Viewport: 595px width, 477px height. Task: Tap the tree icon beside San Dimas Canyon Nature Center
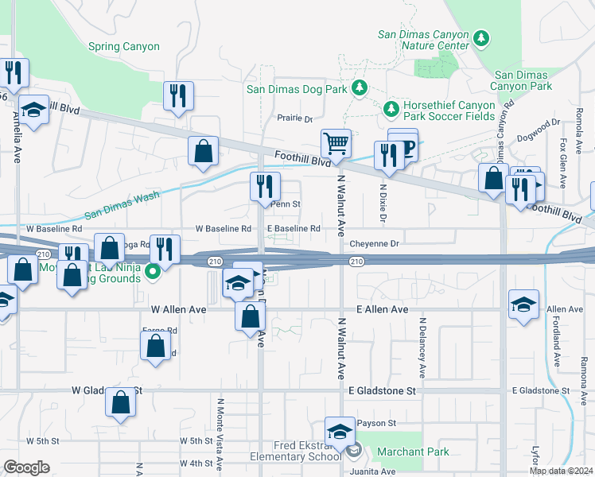(480, 37)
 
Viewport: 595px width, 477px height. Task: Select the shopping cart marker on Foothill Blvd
(336, 144)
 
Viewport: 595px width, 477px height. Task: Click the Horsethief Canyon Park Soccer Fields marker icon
(391, 108)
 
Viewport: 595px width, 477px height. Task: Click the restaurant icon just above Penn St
(265, 186)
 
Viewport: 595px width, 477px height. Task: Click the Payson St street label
(376, 423)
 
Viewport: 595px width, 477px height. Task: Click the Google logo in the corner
(27, 467)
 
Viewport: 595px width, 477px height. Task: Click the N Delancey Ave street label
(422, 351)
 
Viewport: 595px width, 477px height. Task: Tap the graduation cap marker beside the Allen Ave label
(523, 304)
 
